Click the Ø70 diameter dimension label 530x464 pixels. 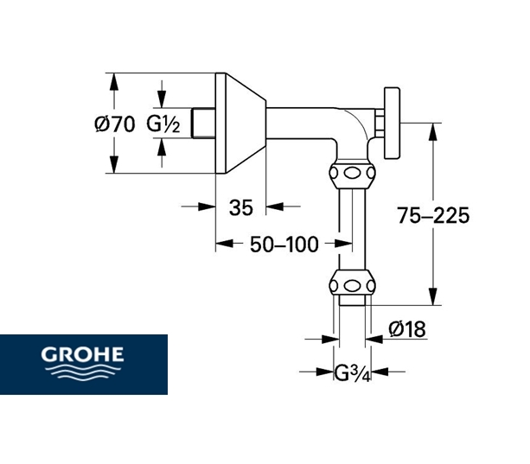113,124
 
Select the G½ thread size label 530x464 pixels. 163,124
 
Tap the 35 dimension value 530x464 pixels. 240,207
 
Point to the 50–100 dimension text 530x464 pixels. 284,245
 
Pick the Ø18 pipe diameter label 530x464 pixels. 406,329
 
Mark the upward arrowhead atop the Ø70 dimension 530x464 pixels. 112,78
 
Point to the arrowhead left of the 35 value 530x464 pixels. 208,207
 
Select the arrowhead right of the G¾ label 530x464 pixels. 377,372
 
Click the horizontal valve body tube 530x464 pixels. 303,122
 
